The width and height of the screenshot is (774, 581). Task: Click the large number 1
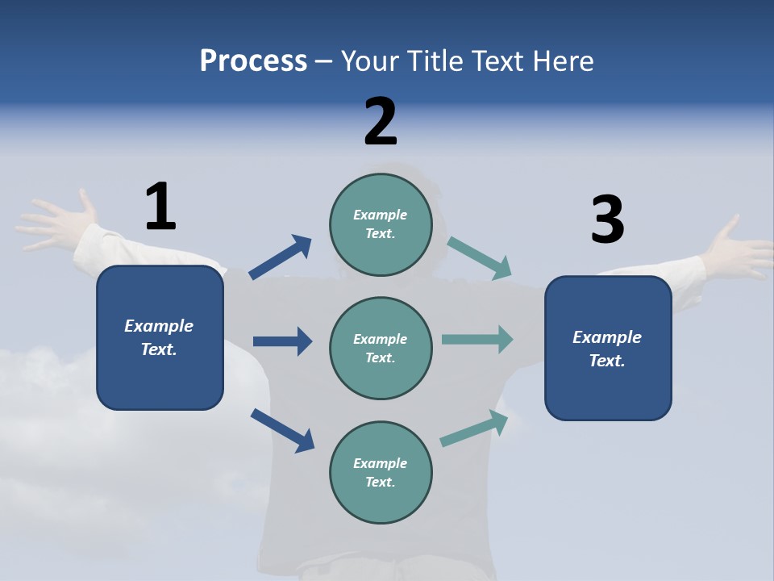[160, 207]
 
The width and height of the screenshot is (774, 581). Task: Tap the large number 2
[381, 122]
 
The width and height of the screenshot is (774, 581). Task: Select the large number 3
[607, 219]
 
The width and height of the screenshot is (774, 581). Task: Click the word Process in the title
[253, 61]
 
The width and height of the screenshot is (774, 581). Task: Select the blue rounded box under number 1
[160, 337]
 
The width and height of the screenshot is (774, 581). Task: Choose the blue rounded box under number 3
[608, 348]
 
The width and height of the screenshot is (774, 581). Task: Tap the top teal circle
[381, 224]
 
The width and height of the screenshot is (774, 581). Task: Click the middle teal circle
[381, 348]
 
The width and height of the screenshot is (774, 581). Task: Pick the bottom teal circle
[381, 472]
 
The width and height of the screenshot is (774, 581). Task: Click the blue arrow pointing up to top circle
[281, 257]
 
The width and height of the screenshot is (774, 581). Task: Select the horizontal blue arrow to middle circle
[282, 341]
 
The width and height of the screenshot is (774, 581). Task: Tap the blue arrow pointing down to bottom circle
[283, 429]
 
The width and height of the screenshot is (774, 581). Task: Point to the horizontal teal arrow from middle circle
[477, 340]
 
